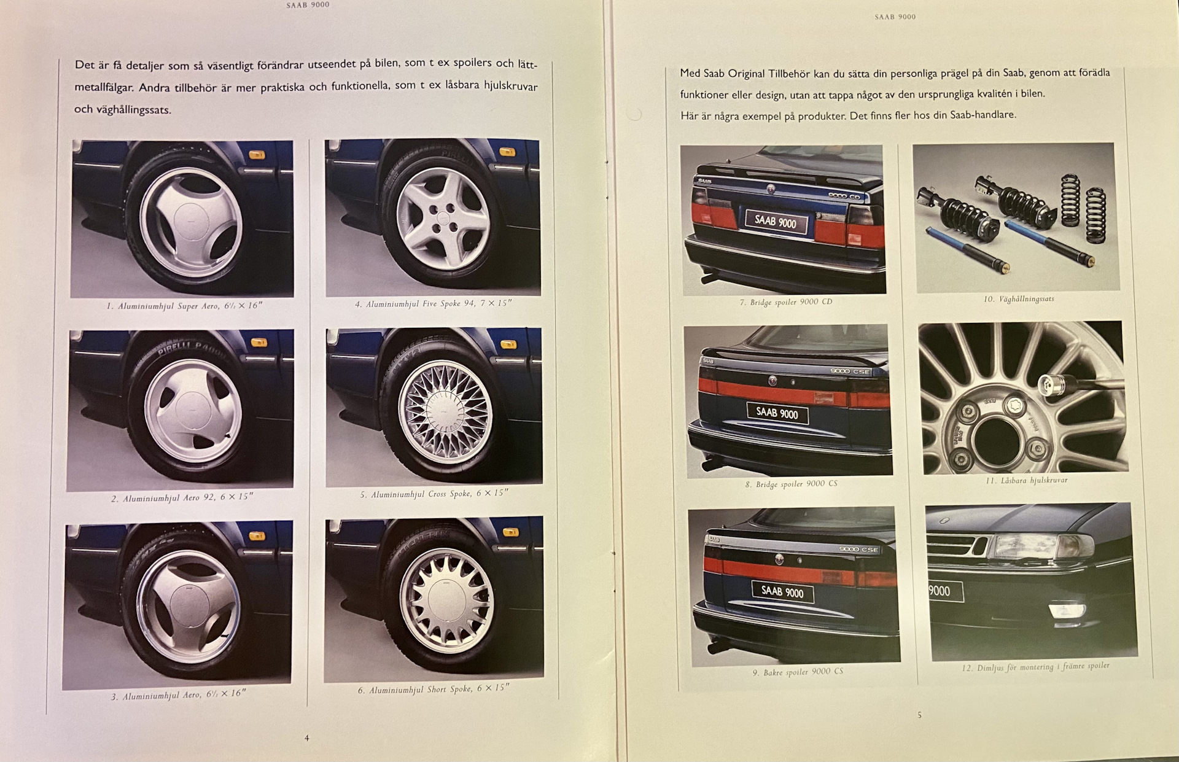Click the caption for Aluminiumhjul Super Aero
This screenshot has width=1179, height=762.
(185, 306)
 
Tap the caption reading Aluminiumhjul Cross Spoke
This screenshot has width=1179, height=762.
(434, 494)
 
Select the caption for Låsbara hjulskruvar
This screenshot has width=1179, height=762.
(1026, 480)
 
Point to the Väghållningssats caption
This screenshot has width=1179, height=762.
(1019, 299)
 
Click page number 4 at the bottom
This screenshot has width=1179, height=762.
(307, 738)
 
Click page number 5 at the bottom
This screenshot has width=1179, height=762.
(919, 715)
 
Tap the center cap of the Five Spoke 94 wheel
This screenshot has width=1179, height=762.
(443, 219)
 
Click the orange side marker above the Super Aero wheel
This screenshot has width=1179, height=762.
(257, 154)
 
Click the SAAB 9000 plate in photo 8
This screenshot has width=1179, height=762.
(777, 413)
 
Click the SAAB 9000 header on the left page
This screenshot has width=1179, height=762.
(308, 5)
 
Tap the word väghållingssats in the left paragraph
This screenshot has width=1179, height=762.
(133, 111)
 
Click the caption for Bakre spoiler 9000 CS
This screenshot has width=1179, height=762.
(798, 672)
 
